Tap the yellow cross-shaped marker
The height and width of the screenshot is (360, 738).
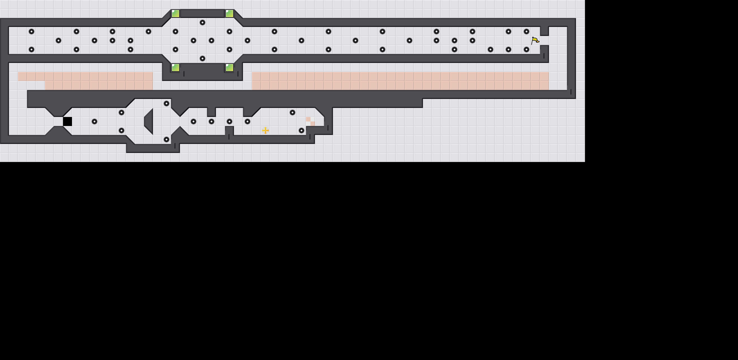[265, 130]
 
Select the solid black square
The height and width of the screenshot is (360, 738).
[67, 121]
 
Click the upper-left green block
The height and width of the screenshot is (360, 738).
[175, 13]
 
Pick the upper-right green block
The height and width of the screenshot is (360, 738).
[229, 13]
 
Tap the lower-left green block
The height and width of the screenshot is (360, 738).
[175, 67]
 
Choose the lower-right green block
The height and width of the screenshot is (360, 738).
[229, 67]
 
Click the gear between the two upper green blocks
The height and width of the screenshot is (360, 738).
[202, 22]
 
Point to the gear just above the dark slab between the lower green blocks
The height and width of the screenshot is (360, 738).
[202, 58]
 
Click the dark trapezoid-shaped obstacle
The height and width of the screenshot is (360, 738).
[149, 121]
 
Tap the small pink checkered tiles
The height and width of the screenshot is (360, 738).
[310, 121]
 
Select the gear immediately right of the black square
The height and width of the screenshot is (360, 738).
[94, 121]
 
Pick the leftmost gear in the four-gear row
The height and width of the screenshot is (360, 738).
[193, 121]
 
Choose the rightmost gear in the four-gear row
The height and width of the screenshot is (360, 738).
[247, 121]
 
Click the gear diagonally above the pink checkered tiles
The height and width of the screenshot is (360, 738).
[292, 112]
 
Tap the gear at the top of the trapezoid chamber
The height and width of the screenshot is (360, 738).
[166, 103]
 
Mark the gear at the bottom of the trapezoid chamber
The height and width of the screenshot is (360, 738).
[166, 139]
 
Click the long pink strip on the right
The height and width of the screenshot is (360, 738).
[400, 81]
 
